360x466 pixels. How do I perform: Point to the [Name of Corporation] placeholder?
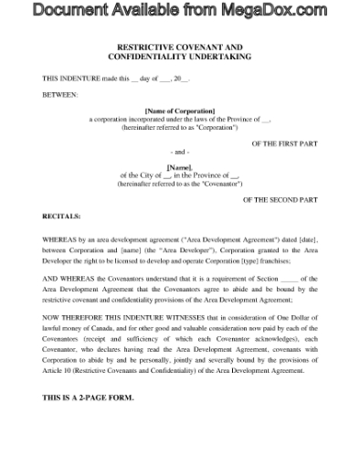(x=179, y=111)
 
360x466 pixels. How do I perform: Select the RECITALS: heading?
(x=62, y=217)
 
